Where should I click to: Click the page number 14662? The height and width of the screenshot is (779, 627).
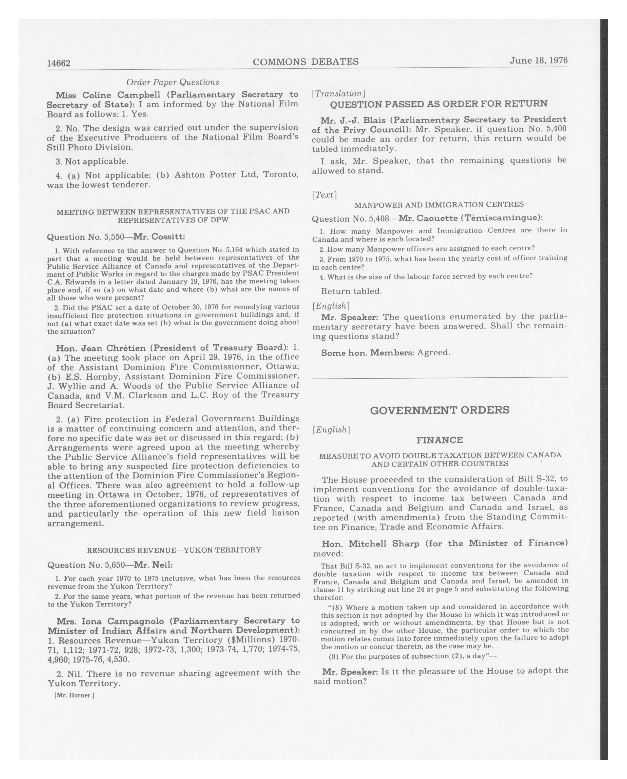[x=59, y=64]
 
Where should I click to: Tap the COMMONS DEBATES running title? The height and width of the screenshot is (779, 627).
[x=305, y=62]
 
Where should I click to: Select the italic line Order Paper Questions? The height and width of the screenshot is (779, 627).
[x=173, y=82]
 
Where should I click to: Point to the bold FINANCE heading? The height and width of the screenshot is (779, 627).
[x=440, y=440]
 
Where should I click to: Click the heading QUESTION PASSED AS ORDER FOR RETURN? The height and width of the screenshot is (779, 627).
[x=439, y=104]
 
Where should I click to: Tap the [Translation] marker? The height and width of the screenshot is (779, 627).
[x=339, y=94]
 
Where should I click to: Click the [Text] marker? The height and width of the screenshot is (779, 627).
[x=325, y=195]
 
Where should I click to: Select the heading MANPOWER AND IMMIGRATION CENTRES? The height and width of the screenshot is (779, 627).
[x=439, y=205]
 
